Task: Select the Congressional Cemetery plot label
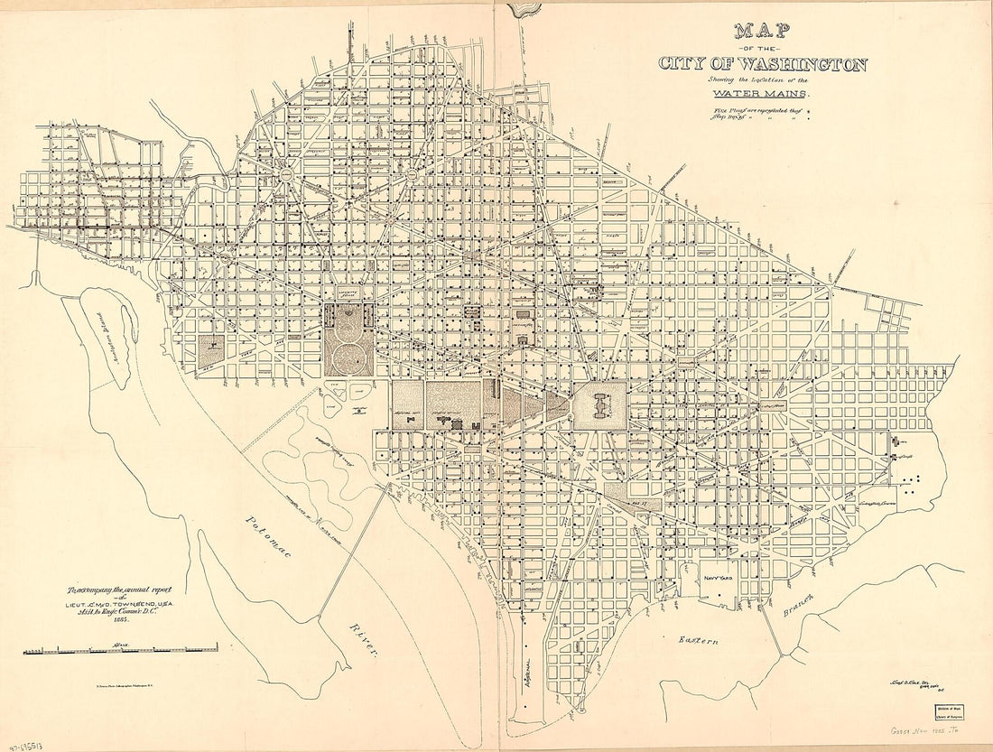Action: tap(883, 492)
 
